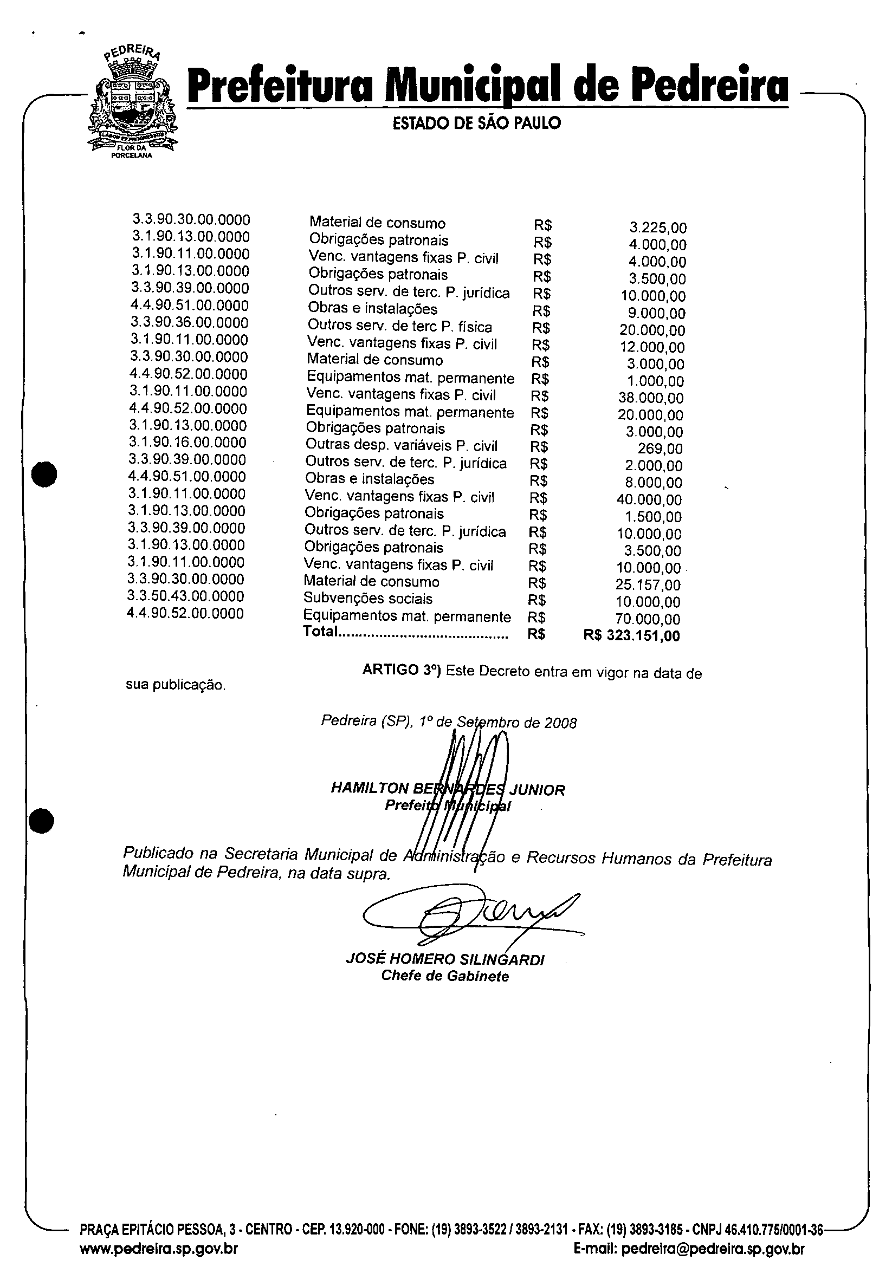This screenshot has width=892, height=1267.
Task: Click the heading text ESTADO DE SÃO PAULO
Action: click(476, 123)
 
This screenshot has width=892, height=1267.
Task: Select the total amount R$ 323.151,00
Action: click(631, 636)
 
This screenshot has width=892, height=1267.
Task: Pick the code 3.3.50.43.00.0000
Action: click(185, 596)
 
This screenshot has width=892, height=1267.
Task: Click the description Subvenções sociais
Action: click(367, 599)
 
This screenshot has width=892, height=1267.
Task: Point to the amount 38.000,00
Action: click(651, 398)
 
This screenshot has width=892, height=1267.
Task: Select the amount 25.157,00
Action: click(648, 585)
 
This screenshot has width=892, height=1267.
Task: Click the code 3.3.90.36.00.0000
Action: click(189, 323)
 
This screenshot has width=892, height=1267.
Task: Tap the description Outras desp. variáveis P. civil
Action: click(401, 445)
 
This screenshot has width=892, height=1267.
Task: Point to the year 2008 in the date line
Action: click(560, 723)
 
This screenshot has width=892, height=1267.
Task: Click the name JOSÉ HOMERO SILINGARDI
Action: click(445, 959)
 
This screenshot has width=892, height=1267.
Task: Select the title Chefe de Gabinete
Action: click(445, 976)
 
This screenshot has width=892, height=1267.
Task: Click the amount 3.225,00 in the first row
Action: click(658, 228)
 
